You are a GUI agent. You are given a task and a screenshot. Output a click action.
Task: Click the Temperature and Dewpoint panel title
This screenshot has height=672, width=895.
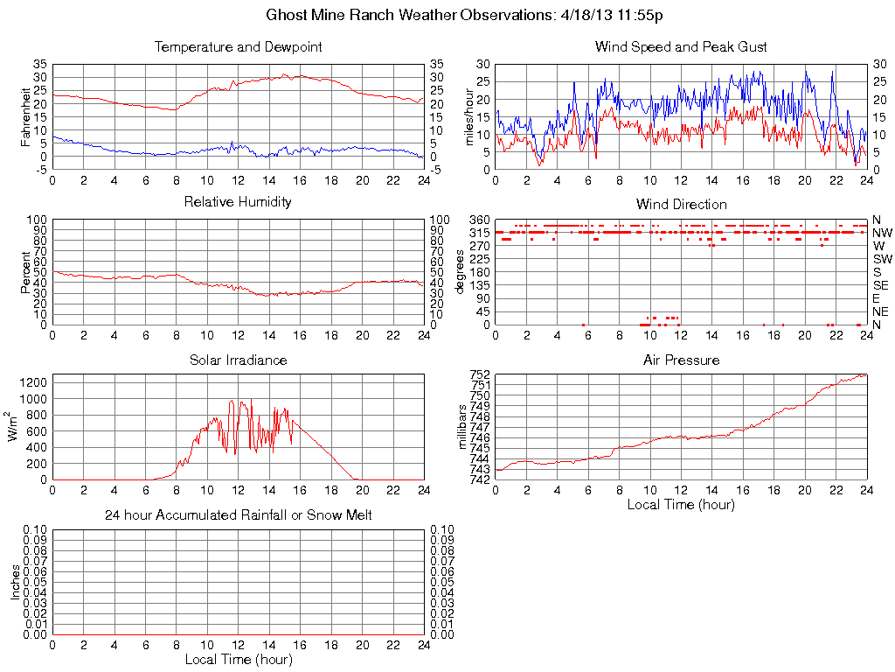(x=238, y=46)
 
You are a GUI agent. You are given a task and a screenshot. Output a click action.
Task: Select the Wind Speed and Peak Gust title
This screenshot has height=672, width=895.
(x=681, y=46)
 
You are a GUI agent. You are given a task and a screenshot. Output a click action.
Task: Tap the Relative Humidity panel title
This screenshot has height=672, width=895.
(x=238, y=202)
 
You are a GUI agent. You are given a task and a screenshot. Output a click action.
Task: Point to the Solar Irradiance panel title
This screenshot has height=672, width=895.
(x=238, y=360)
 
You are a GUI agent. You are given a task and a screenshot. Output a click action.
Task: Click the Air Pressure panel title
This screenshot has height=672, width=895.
(x=681, y=360)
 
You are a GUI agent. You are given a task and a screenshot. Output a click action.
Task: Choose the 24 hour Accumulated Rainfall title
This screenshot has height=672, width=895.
(x=238, y=515)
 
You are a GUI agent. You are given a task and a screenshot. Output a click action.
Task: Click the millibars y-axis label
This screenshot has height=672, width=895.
(x=464, y=426)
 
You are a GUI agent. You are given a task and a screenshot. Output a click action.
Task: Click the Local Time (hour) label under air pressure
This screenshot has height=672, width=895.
(x=681, y=504)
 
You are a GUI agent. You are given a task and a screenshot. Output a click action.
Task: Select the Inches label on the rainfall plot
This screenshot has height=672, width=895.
(x=15, y=582)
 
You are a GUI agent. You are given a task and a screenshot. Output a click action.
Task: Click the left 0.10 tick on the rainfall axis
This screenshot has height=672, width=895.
(x=36, y=529)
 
